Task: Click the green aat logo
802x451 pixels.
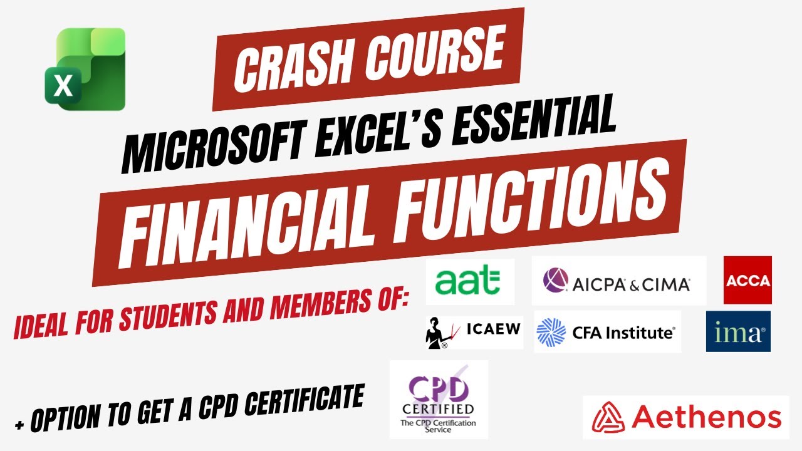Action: click(x=470, y=282)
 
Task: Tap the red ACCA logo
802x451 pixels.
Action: click(x=747, y=280)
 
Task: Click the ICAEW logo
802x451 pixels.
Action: click(x=473, y=329)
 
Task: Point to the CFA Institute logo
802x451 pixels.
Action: click(x=607, y=332)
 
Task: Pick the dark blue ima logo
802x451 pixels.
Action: click(x=738, y=331)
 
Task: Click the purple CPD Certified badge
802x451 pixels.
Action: click(x=439, y=400)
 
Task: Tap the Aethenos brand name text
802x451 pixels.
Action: click(x=706, y=417)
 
